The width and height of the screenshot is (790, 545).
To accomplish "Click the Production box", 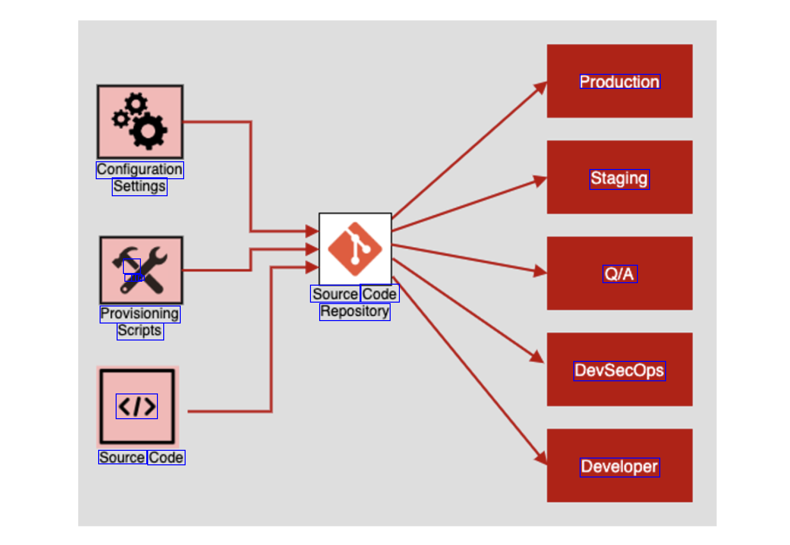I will [x=619, y=81].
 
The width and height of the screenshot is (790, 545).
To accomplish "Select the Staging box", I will [x=619, y=177].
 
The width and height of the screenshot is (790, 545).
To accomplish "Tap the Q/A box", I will [x=619, y=273].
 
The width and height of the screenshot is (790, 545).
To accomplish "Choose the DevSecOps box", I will [x=619, y=370].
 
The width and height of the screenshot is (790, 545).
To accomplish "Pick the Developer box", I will [x=619, y=466].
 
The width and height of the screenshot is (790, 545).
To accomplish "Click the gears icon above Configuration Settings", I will [x=140, y=121].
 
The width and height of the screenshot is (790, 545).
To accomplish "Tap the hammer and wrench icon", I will [x=141, y=270].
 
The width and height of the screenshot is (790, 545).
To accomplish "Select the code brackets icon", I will [x=137, y=407].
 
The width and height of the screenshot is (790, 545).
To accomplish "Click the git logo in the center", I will [x=355, y=249].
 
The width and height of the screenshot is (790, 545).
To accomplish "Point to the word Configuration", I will [x=140, y=170].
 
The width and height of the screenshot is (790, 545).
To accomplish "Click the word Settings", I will [x=139, y=187].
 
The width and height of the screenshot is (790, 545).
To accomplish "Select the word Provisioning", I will [x=140, y=314].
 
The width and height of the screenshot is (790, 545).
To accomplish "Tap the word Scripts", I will [x=140, y=331].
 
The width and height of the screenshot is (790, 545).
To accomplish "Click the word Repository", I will [x=355, y=311].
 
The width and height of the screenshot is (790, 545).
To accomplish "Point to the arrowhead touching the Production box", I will [x=541, y=88].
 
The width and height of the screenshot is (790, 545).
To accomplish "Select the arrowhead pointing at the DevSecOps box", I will [x=537, y=357].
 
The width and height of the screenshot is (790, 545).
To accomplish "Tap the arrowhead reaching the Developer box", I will [x=541, y=458].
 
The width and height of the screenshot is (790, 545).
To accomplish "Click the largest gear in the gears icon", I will [x=148, y=130].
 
